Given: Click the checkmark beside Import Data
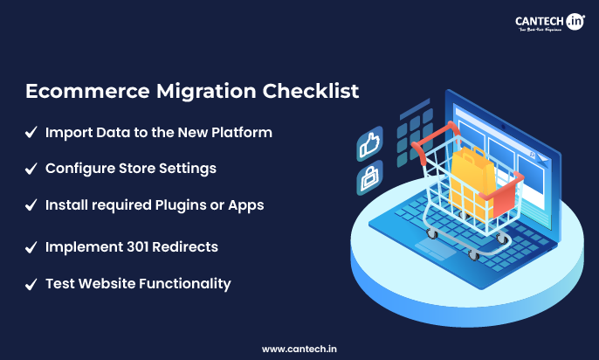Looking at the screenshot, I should point(31,134).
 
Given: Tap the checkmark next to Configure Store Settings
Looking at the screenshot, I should point(31,168).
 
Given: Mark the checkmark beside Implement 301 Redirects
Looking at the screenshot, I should point(31,247).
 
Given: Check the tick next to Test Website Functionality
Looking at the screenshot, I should point(31,284).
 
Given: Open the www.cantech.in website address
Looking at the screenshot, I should point(299,349).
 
